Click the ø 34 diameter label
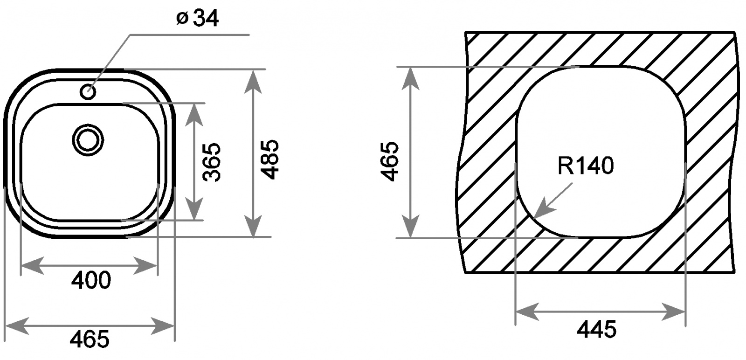198,18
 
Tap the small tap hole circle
88,92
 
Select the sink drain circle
88,140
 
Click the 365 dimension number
212,162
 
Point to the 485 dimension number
269,159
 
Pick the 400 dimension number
91,280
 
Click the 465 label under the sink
90,339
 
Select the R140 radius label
586,166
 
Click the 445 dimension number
597,329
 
